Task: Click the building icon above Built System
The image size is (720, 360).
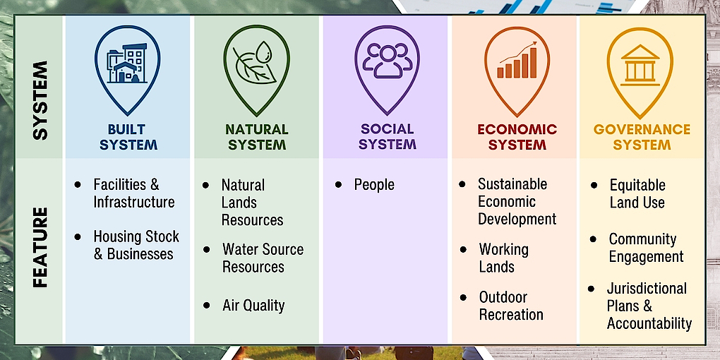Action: point(127,64)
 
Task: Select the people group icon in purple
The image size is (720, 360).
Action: point(387,60)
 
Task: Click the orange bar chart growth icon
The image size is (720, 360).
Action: point(517,60)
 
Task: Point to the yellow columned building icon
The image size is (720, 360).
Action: point(640,65)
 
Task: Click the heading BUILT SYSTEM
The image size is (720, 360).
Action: point(128,137)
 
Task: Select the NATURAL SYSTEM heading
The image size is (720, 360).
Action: point(257,137)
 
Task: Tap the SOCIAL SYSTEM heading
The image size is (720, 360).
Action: point(387,136)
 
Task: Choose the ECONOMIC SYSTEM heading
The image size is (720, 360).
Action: point(517,137)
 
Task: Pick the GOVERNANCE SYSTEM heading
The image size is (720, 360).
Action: point(642,137)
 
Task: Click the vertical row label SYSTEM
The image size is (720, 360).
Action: point(40,100)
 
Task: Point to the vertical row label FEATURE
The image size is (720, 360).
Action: point(40,248)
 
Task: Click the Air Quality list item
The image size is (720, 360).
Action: point(253,306)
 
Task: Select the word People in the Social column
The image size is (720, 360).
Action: point(374,185)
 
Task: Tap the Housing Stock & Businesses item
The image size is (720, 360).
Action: point(136,245)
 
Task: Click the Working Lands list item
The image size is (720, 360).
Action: point(504,258)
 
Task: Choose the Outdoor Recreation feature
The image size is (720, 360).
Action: point(511,306)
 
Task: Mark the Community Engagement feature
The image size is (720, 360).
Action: point(646,248)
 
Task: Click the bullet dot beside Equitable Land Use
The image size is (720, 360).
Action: point(594,185)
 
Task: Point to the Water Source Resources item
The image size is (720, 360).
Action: point(263,258)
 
